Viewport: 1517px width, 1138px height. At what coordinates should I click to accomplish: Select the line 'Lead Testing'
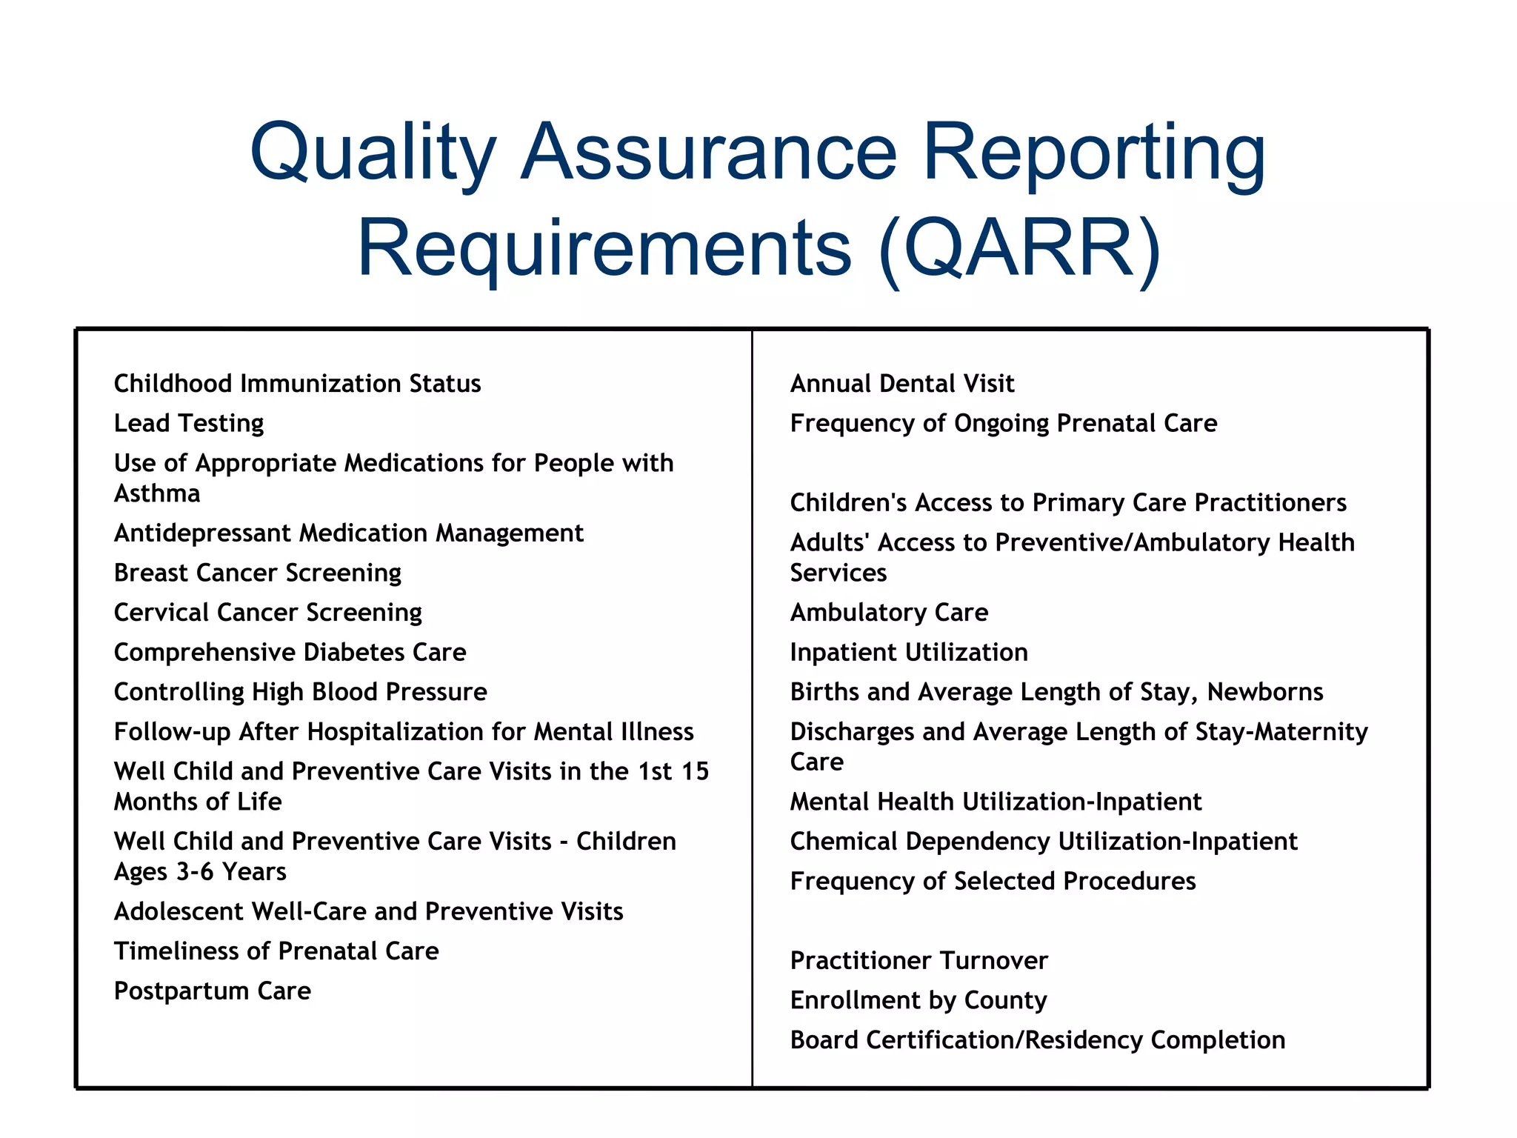click(x=189, y=423)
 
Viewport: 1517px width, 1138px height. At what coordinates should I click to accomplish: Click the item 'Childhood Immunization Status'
click(x=297, y=383)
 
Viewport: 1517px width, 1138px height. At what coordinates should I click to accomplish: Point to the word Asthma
click(x=157, y=493)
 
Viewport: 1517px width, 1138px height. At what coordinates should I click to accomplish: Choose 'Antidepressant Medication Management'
click(x=348, y=533)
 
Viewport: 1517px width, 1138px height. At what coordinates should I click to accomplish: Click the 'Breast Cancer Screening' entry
click(x=257, y=573)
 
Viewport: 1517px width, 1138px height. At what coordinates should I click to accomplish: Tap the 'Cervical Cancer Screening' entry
click(x=267, y=612)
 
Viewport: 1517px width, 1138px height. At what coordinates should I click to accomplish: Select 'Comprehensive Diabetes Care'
click(x=290, y=652)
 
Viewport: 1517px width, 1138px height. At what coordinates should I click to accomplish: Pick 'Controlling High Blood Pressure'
click(x=300, y=692)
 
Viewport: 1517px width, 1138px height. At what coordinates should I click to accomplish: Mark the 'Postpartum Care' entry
click(x=212, y=991)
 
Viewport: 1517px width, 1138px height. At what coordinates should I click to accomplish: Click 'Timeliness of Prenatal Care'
click(x=276, y=951)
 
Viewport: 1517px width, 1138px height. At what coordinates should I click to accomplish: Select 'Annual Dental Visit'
click(x=901, y=383)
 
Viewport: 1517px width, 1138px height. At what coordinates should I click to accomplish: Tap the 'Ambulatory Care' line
click(x=889, y=612)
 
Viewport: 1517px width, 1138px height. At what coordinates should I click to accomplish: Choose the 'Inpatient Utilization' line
click(x=909, y=652)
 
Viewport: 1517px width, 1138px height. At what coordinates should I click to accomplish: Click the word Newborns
click(x=1264, y=692)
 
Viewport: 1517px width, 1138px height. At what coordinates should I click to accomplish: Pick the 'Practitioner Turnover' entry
click(x=918, y=960)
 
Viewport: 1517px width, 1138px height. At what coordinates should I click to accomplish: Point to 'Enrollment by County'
click(x=918, y=1000)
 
